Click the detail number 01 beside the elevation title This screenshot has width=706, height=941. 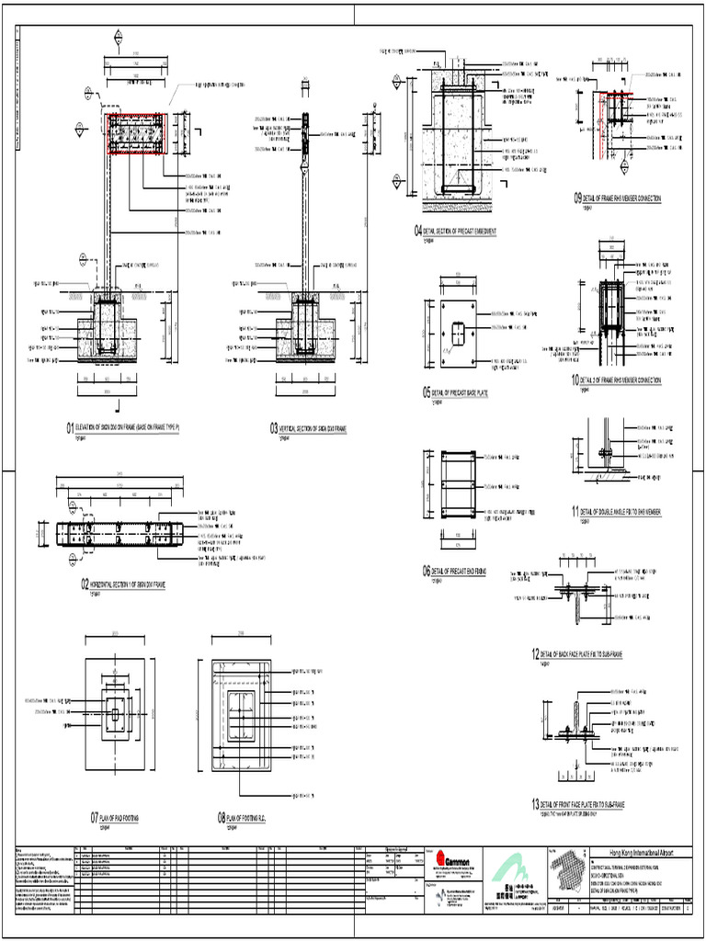(69, 427)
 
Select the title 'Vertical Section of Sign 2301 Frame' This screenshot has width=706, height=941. (313, 428)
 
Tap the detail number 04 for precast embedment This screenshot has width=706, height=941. (418, 231)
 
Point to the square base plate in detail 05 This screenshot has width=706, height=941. (459, 333)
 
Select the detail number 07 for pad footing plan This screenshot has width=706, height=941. (94, 818)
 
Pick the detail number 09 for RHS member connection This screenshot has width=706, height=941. (577, 198)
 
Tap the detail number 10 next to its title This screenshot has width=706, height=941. (576, 380)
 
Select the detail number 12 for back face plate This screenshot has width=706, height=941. (534, 653)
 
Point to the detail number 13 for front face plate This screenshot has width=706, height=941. (534, 803)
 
